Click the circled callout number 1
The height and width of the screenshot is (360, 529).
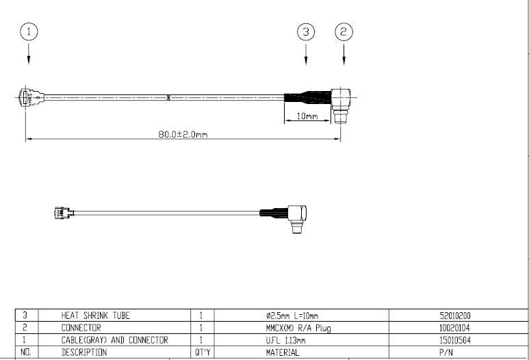tap(29, 31)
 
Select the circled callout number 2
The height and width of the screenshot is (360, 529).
tap(344, 31)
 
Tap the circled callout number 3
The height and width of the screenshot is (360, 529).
tap(306, 31)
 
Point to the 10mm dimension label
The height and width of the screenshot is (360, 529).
tap(307, 116)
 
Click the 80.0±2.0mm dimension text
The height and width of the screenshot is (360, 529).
tap(183, 134)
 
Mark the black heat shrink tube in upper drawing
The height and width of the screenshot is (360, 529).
tap(307, 97)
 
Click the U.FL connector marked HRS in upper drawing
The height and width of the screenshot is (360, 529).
tap(30, 97)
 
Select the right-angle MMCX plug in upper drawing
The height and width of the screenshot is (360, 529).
tap(341, 105)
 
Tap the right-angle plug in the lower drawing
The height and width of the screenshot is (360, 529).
tap(297, 218)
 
